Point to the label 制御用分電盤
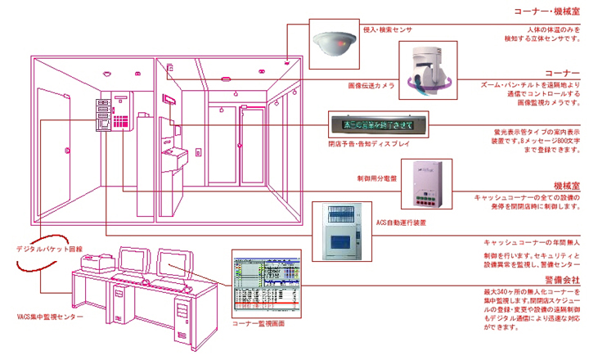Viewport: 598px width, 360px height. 378,178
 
